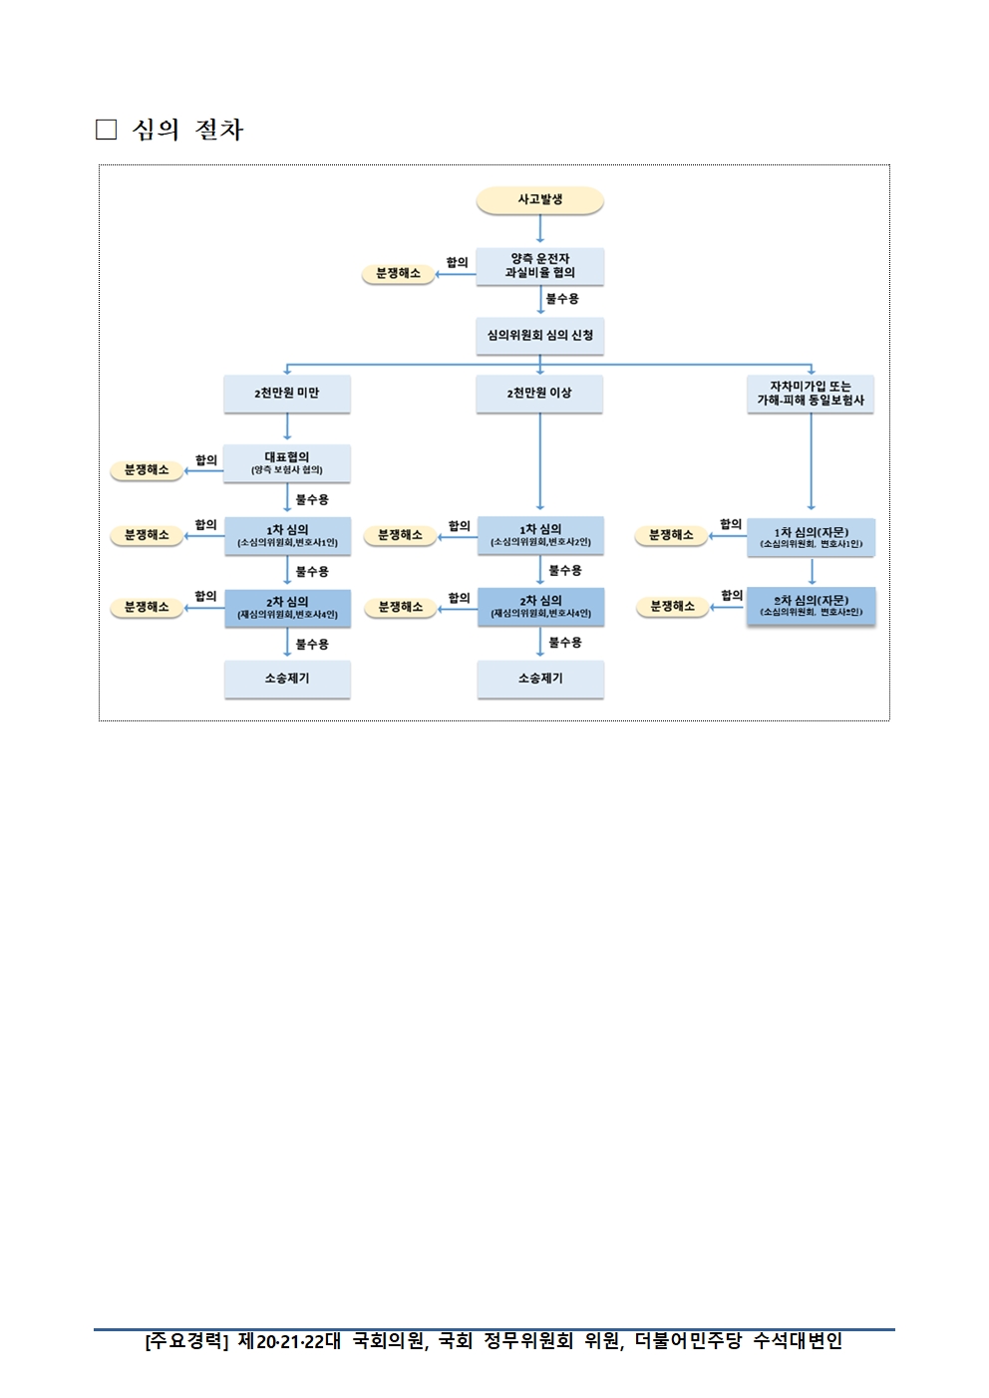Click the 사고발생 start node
click(x=539, y=200)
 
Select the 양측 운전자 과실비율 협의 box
click(x=539, y=266)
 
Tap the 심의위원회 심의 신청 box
click(x=539, y=336)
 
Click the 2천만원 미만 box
click(x=287, y=394)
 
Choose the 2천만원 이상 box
click(x=539, y=394)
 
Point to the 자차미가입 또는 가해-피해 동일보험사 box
click(x=811, y=394)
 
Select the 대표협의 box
click(x=287, y=463)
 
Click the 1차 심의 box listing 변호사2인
click(x=540, y=535)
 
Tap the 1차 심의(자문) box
click(x=811, y=537)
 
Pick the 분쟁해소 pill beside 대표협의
click(x=147, y=470)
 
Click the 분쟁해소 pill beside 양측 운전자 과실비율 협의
click(x=398, y=273)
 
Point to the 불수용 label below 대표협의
click(x=312, y=499)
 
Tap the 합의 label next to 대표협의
click(x=206, y=459)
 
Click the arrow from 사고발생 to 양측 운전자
click(x=539, y=230)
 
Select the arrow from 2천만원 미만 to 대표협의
click(x=287, y=427)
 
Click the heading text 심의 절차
click(x=187, y=130)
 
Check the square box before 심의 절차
click(x=106, y=130)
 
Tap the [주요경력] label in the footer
click(x=186, y=1341)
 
